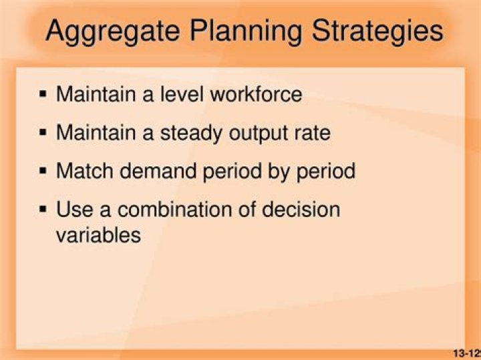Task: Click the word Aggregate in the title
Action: (111, 31)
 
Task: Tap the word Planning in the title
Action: (245, 31)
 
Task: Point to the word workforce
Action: (256, 94)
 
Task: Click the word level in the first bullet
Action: (182, 94)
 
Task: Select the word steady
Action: (192, 133)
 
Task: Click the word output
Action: (261, 133)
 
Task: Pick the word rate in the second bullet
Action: (314, 133)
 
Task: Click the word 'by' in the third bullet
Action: (274, 172)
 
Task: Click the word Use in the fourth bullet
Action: (73, 210)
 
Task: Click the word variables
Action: (98, 235)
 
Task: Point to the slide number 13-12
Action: (466, 353)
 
